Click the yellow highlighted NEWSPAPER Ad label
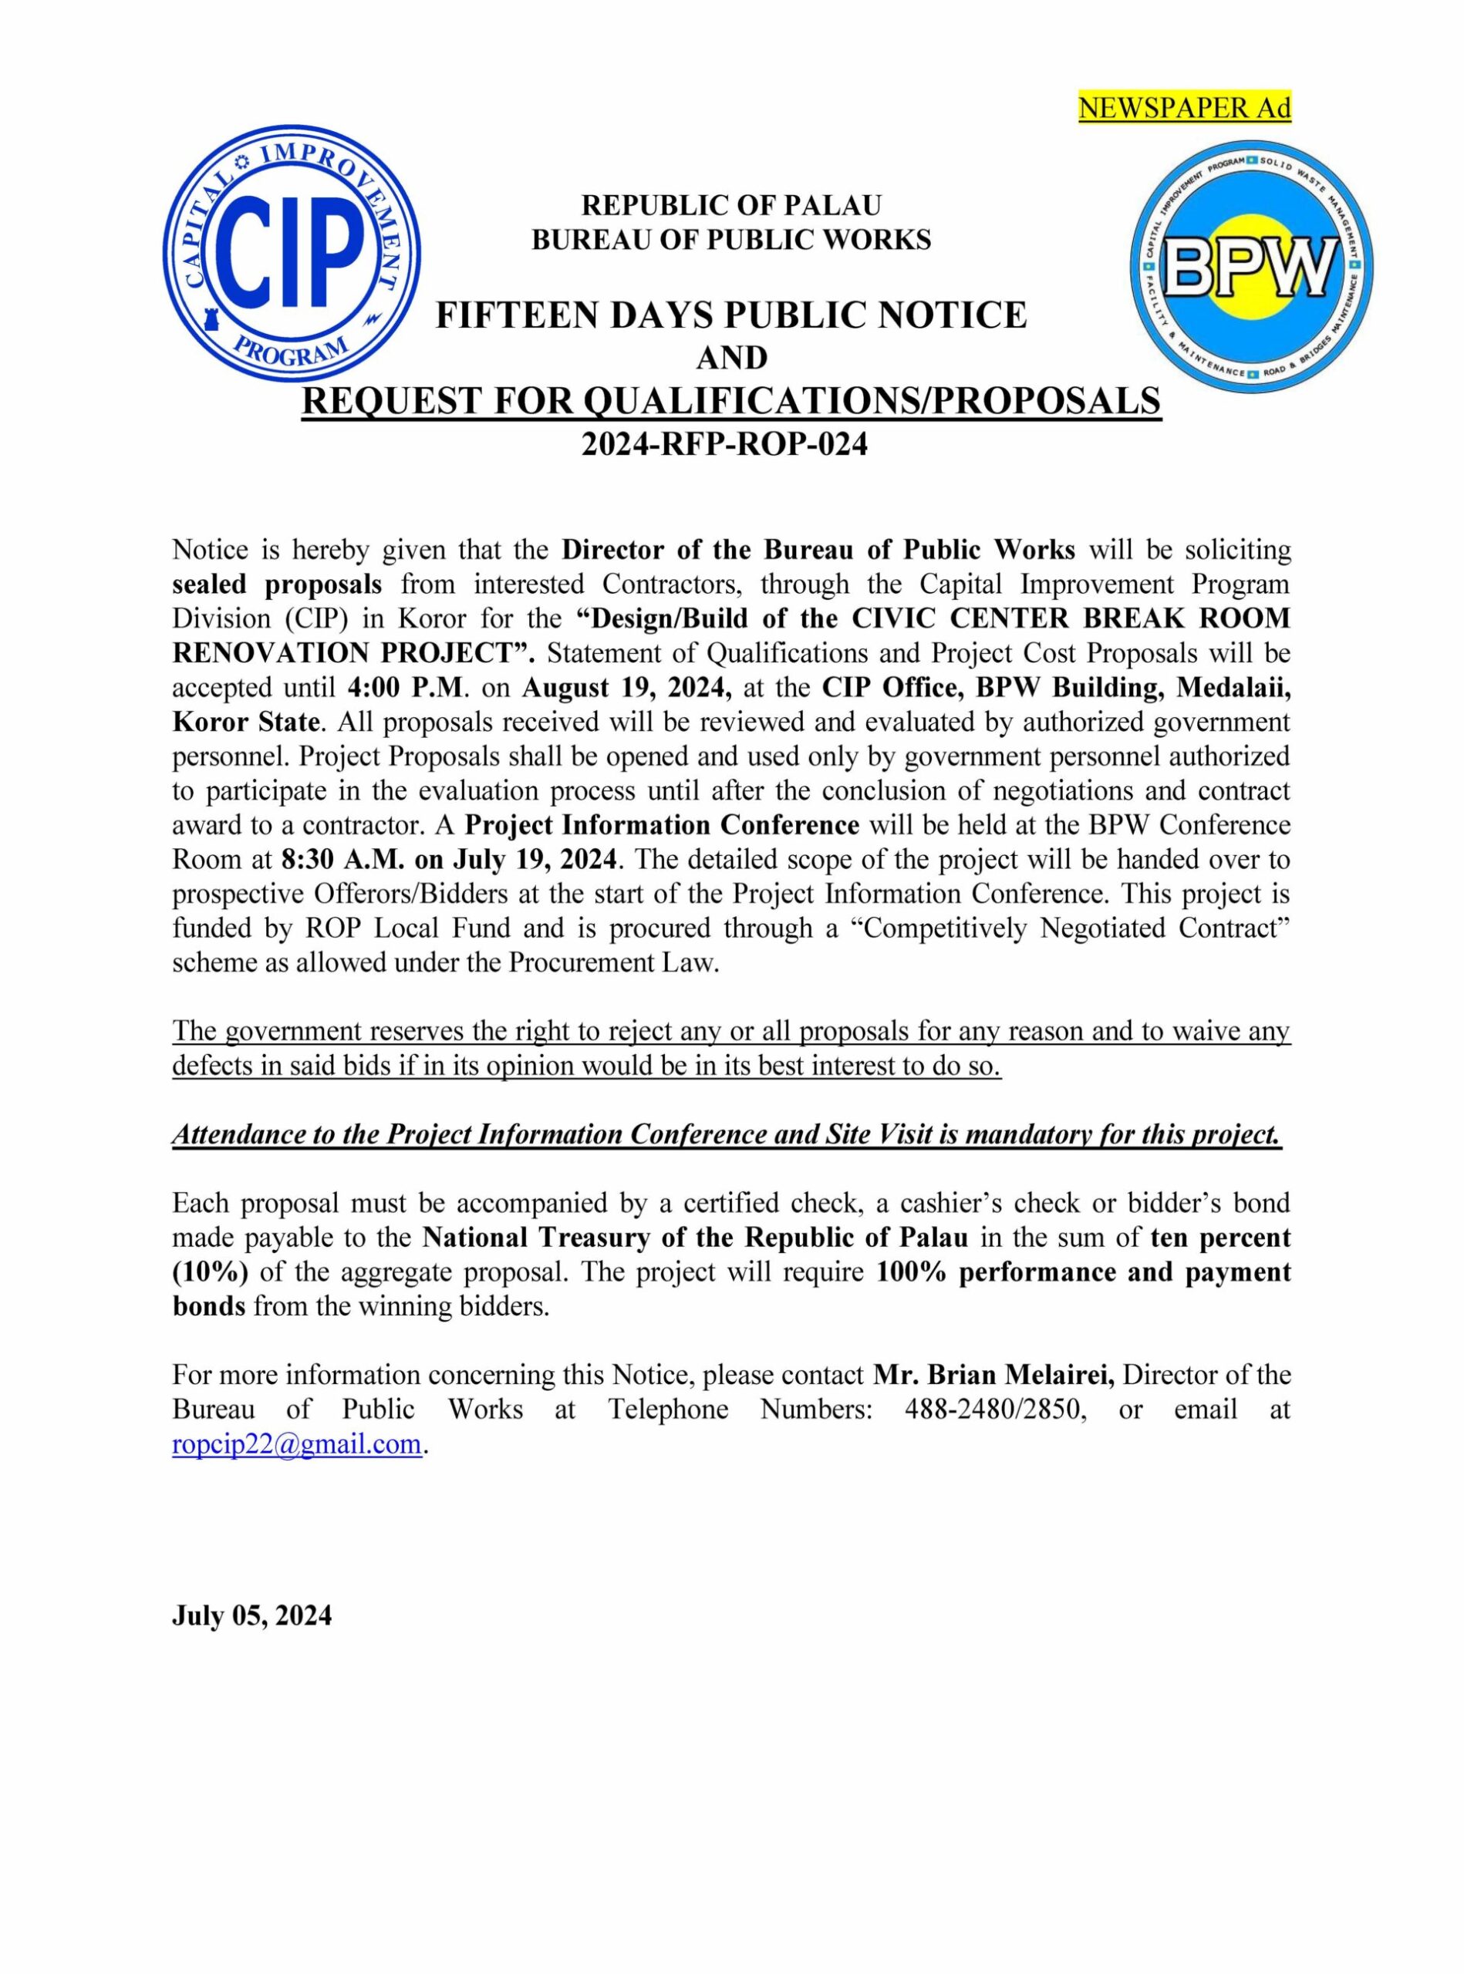coord(1184,108)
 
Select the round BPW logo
coord(1251,267)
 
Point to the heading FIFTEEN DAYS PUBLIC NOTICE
coord(731,315)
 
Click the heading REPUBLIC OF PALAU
coord(731,206)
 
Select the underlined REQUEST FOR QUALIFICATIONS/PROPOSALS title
coord(731,402)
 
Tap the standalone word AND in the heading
coord(731,358)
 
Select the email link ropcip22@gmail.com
coord(296,1444)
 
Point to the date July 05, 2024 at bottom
coord(251,1616)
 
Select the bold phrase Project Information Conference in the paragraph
coord(662,825)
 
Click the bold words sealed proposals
coord(278,584)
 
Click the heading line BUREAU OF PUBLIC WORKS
coord(731,240)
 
